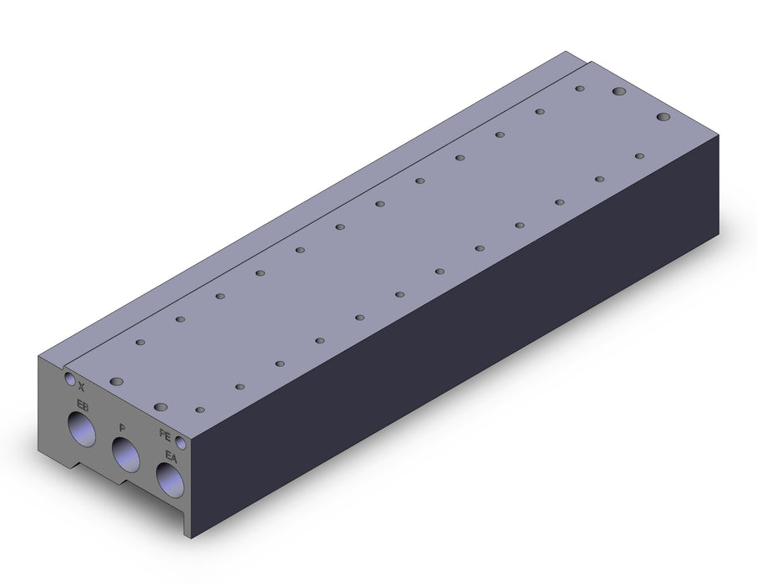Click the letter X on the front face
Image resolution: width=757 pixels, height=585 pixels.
[81, 386]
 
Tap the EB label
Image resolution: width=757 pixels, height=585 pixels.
[83, 406]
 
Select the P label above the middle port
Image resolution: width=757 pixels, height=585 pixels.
[122, 428]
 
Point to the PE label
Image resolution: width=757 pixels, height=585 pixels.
[165, 435]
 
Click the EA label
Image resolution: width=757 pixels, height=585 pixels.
[171, 456]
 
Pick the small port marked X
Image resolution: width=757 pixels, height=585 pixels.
[70, 378]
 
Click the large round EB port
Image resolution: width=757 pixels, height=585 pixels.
[82, 429]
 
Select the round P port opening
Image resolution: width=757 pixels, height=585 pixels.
[125, 455]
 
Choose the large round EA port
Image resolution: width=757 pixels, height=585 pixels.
[170, 481]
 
